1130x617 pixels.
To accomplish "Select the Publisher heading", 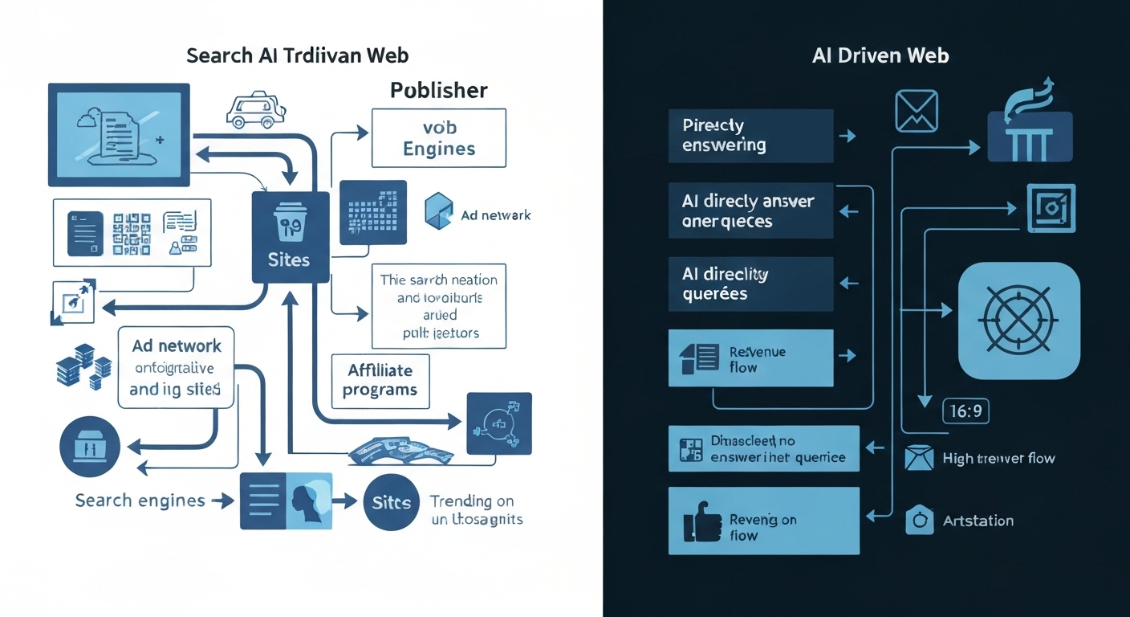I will tap(438, 90).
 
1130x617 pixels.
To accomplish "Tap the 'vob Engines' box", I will tap(438, 138).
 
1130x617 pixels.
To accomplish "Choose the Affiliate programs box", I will tap(380, 380).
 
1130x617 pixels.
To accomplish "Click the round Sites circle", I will tap(391, 503).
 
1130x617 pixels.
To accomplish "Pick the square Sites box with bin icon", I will tap(290, 237).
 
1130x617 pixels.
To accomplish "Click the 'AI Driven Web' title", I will tap(880, 55).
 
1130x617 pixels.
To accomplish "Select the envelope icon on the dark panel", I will tap(916, 111).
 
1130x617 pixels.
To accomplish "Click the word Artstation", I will tap(978, 521).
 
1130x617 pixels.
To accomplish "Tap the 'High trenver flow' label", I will tap(998, 459).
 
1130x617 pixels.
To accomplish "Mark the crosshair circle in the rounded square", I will tap(1019, 320).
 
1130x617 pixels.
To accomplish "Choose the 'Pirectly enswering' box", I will tap(750, 136).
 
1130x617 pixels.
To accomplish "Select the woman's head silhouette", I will tap(308, 501).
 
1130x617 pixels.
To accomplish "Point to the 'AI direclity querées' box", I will tap(750, 284).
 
